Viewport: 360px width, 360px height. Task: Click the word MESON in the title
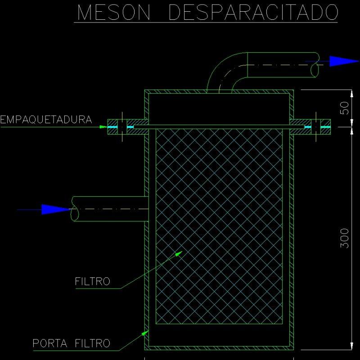114,13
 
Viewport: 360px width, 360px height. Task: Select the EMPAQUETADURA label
46,120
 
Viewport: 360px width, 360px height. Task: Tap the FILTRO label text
92,282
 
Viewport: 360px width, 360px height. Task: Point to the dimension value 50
345,108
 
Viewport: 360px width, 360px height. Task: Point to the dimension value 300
345,238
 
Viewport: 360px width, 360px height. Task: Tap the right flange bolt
316,127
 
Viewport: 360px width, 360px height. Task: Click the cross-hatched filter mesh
219,225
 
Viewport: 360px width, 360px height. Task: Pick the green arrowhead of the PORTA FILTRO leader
146,333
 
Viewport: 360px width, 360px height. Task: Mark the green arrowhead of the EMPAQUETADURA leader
104,127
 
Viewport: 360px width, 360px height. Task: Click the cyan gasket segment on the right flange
308,128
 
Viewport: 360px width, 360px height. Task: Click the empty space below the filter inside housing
219,335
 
